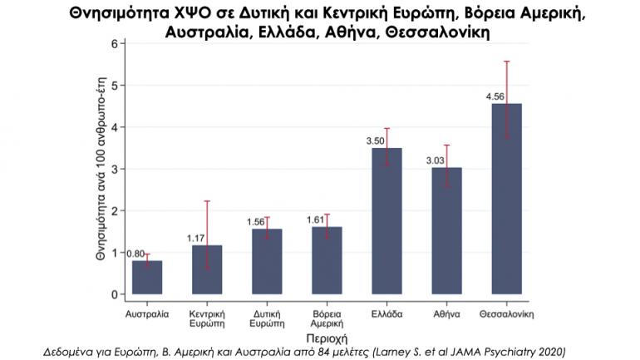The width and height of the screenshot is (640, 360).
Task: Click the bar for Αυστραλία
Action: [147, 278]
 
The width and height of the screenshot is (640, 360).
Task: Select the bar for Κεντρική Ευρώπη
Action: [207, 270]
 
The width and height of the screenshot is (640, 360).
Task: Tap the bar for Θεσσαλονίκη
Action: [506, 199]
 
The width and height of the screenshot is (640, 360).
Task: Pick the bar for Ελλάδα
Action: [387, 221]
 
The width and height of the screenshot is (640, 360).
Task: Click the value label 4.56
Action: [495, 96]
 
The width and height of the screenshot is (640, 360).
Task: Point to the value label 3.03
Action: [435, 160]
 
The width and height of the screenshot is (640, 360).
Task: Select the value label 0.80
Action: [135, 254]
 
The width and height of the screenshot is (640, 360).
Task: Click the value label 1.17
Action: [195, 239]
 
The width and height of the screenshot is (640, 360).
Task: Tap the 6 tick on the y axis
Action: [115, 44]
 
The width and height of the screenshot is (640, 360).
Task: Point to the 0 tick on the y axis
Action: [115, 294]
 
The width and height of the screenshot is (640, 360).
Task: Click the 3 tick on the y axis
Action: [115, 169]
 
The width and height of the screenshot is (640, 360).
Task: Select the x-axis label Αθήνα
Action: [446, 314]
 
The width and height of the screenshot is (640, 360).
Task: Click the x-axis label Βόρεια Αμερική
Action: [327, 319]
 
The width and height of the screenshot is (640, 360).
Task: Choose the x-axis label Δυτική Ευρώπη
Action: [267, 319]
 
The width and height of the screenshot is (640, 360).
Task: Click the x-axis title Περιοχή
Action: [327, 338]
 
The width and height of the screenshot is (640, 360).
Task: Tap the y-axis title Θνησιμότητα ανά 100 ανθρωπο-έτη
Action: [101, 168]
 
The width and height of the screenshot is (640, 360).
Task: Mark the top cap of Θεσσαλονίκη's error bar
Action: [506, 62]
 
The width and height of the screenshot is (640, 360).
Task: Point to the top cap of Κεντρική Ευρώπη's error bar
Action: [207, 201]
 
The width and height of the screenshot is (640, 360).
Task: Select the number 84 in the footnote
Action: [326, 352]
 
